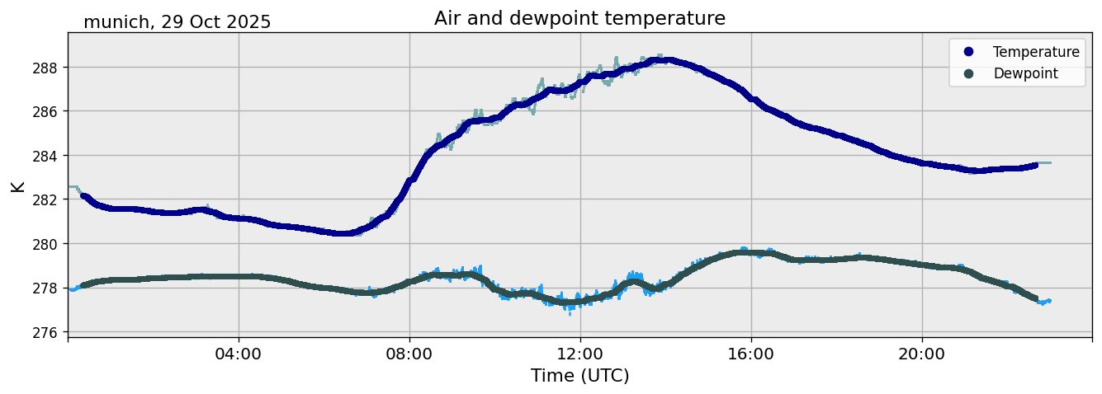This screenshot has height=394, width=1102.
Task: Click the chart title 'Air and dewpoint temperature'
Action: pyautogui.click(x=579, y=18)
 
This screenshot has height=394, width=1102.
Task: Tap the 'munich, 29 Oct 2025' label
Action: pyautogui.click(x=177, y=22)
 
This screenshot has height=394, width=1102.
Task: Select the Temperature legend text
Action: pyautogui.click(x=1036, y=52)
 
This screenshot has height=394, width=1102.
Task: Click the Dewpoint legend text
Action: pyautogui.click(x=1025, y=73)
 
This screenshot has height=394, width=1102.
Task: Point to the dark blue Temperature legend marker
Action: pyautogui.click(x=968, y=52)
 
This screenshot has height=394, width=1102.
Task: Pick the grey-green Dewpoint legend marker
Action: pyautogui.click(x=968, y=73)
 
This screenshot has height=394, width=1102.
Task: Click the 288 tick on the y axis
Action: pyautogui.click(x=47, y=67)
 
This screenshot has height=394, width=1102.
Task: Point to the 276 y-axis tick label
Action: pyautogui.click(x=47, y=332)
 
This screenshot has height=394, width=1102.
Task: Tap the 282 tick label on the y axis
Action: pyautogui.click(x=47, y=199)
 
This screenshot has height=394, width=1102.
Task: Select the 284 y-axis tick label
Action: pyautogui.click(x=47, y=155)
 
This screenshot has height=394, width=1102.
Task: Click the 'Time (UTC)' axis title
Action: pyautogui.click(x=579, y=376)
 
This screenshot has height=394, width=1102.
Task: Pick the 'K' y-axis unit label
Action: pyautogui.click(x=17, y=185)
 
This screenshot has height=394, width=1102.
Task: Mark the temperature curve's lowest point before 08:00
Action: pyautogui.click(x=345, y=233)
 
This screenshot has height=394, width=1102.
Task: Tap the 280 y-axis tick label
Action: pyautogui.click(x=47, y=244)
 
